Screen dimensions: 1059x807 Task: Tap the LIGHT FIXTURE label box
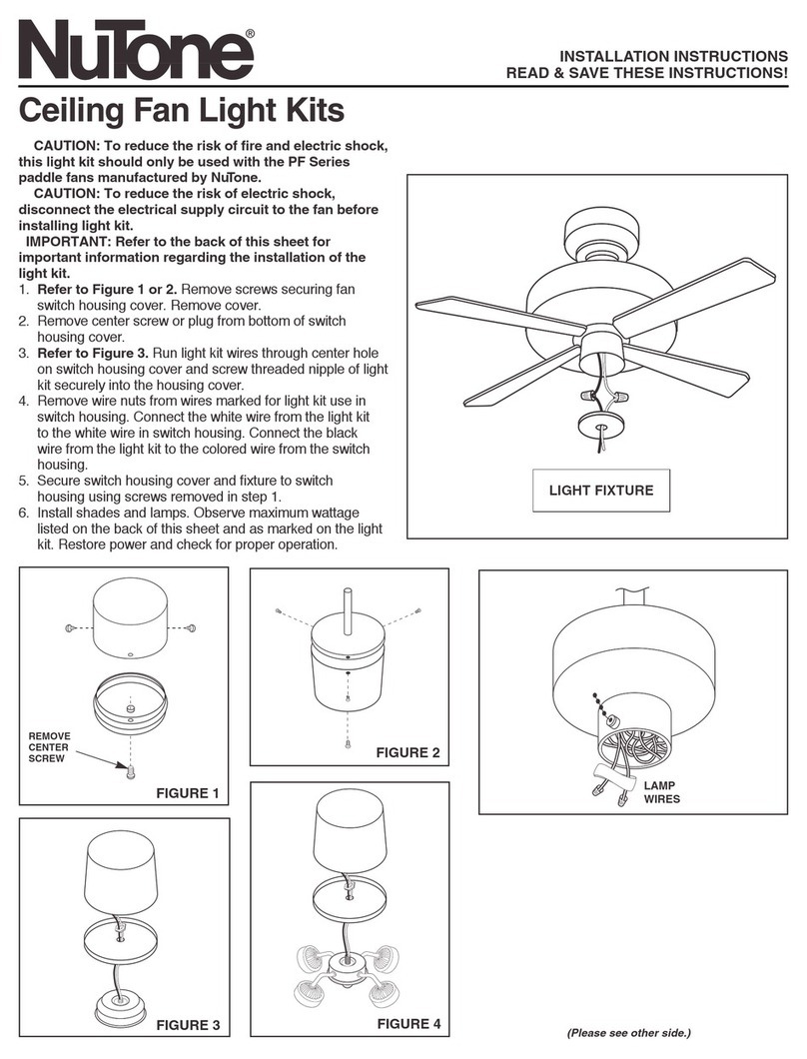tap(601, 491)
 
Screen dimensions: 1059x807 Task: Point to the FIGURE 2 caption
tap(407, 752)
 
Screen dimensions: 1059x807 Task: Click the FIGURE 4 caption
tap(407, 1024)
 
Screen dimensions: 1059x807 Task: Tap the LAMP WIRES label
tap(660, 792)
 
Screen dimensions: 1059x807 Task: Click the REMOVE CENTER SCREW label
tap(49, 746)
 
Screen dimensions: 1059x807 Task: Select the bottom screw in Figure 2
tap(346, 742)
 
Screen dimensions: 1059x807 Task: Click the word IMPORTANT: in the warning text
tap(67, 241)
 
